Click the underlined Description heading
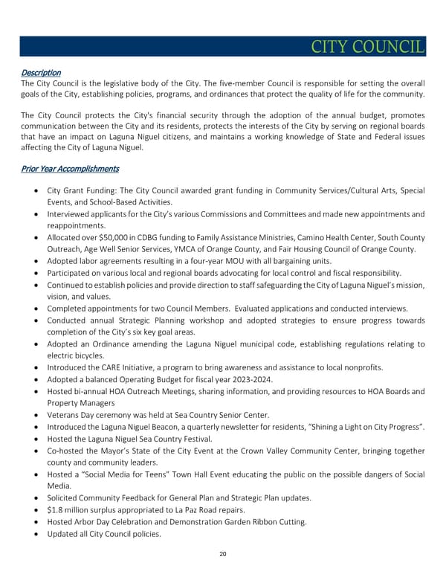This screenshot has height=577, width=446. click(40, 73)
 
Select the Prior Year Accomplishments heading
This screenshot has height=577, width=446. click(70, 169)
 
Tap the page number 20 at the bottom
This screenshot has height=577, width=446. click(223, 555)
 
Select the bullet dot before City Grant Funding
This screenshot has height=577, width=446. click(37, 191)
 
